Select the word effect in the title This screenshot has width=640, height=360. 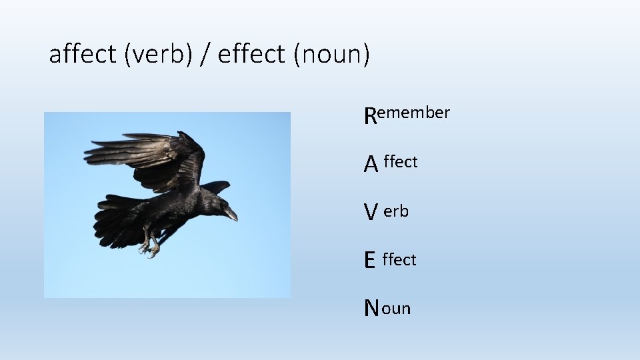coord(251,54)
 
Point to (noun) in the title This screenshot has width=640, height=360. coord(331,54)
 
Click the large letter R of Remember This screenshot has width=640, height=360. coord(370,117)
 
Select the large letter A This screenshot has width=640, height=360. coord(371,164)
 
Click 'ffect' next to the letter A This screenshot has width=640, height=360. coord(401,162)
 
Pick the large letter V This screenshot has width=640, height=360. coord(370,213)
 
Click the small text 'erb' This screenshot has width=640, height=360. coord(396,211)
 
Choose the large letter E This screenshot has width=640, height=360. coord(369,261)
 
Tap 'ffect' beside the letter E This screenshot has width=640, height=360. coord(399,259)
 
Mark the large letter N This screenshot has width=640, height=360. coord(371,309)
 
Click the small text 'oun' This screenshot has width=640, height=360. coord(397,309)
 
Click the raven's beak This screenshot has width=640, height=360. coord(230,213)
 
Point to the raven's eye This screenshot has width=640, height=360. coord(218,202)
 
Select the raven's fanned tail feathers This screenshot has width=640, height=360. coord(117,220)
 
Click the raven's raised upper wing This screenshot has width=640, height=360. coord(147,157)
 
